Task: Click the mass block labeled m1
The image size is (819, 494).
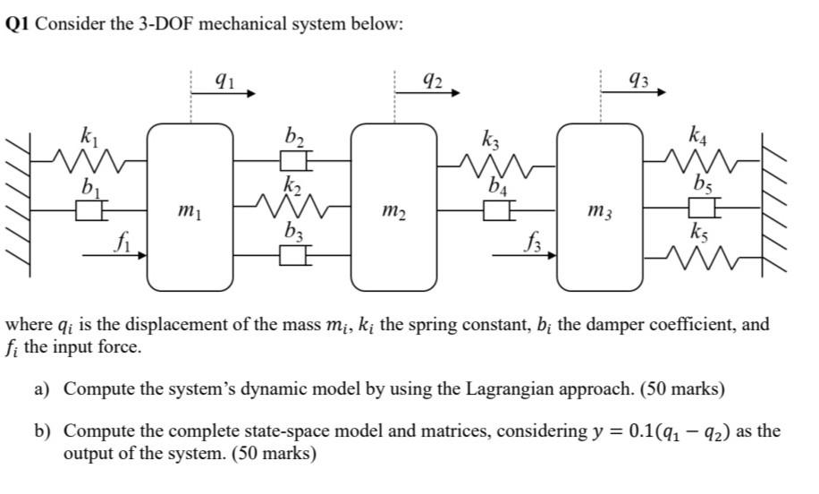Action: click(x=190, y=208)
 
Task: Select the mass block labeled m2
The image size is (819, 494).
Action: click(x=394, y=208)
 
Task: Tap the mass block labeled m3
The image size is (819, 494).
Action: click(x=600, y=208)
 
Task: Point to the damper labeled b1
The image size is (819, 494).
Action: click(x=89, y=211)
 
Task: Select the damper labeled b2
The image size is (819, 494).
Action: click(x=294, y=161)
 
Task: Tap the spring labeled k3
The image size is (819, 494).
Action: click(x=497, y=163)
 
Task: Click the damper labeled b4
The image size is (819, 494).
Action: click(x=497, y=211)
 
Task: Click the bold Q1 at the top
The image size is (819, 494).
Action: click(x=19, y=24)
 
